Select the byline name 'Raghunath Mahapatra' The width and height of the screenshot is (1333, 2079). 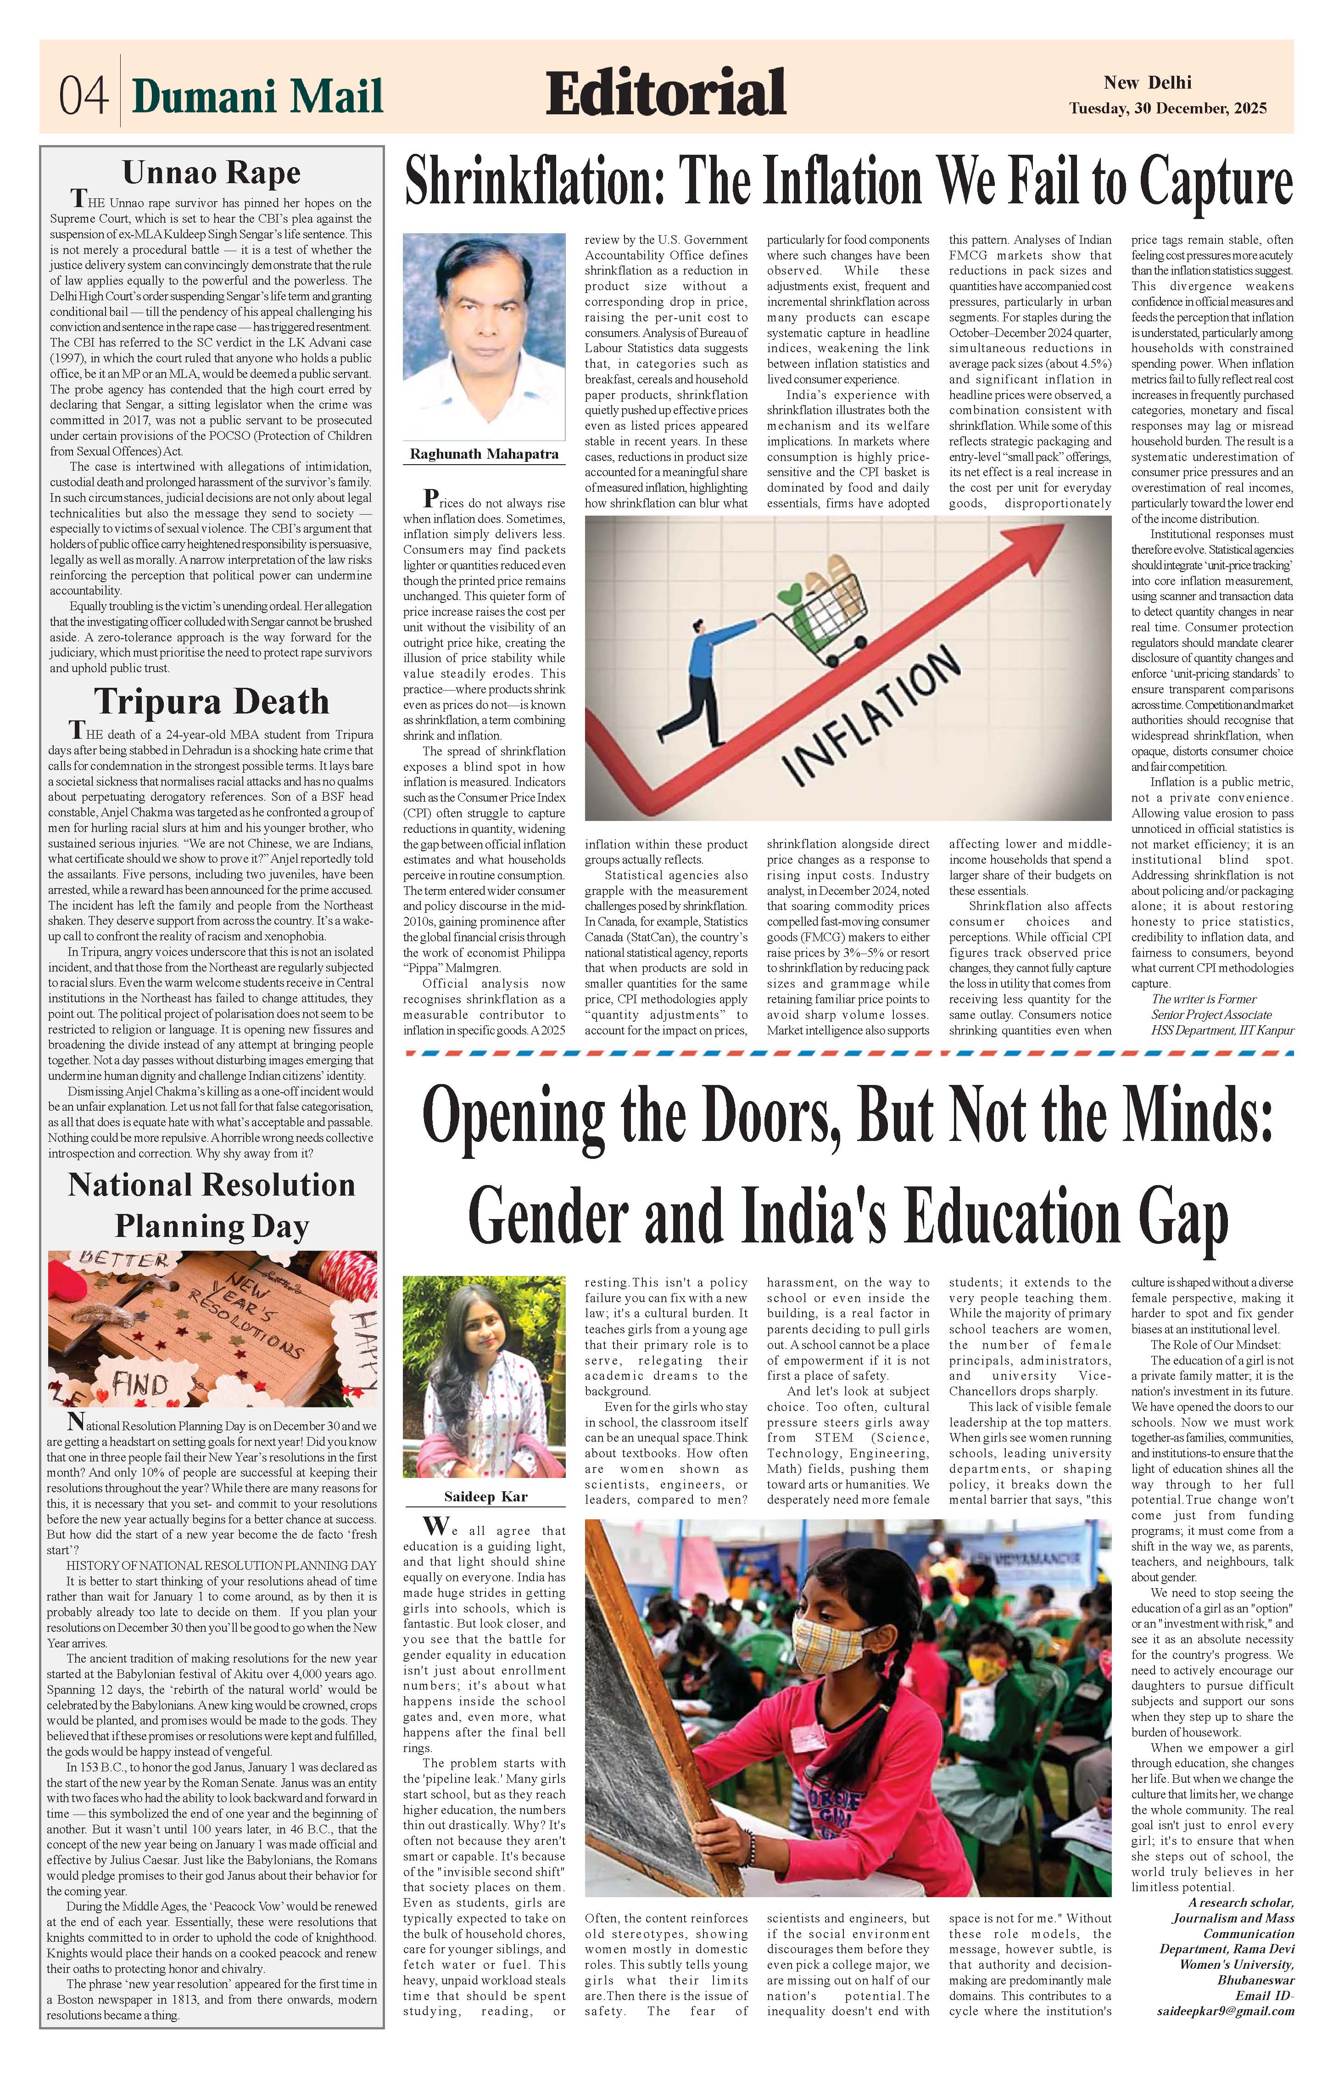point(484,454)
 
